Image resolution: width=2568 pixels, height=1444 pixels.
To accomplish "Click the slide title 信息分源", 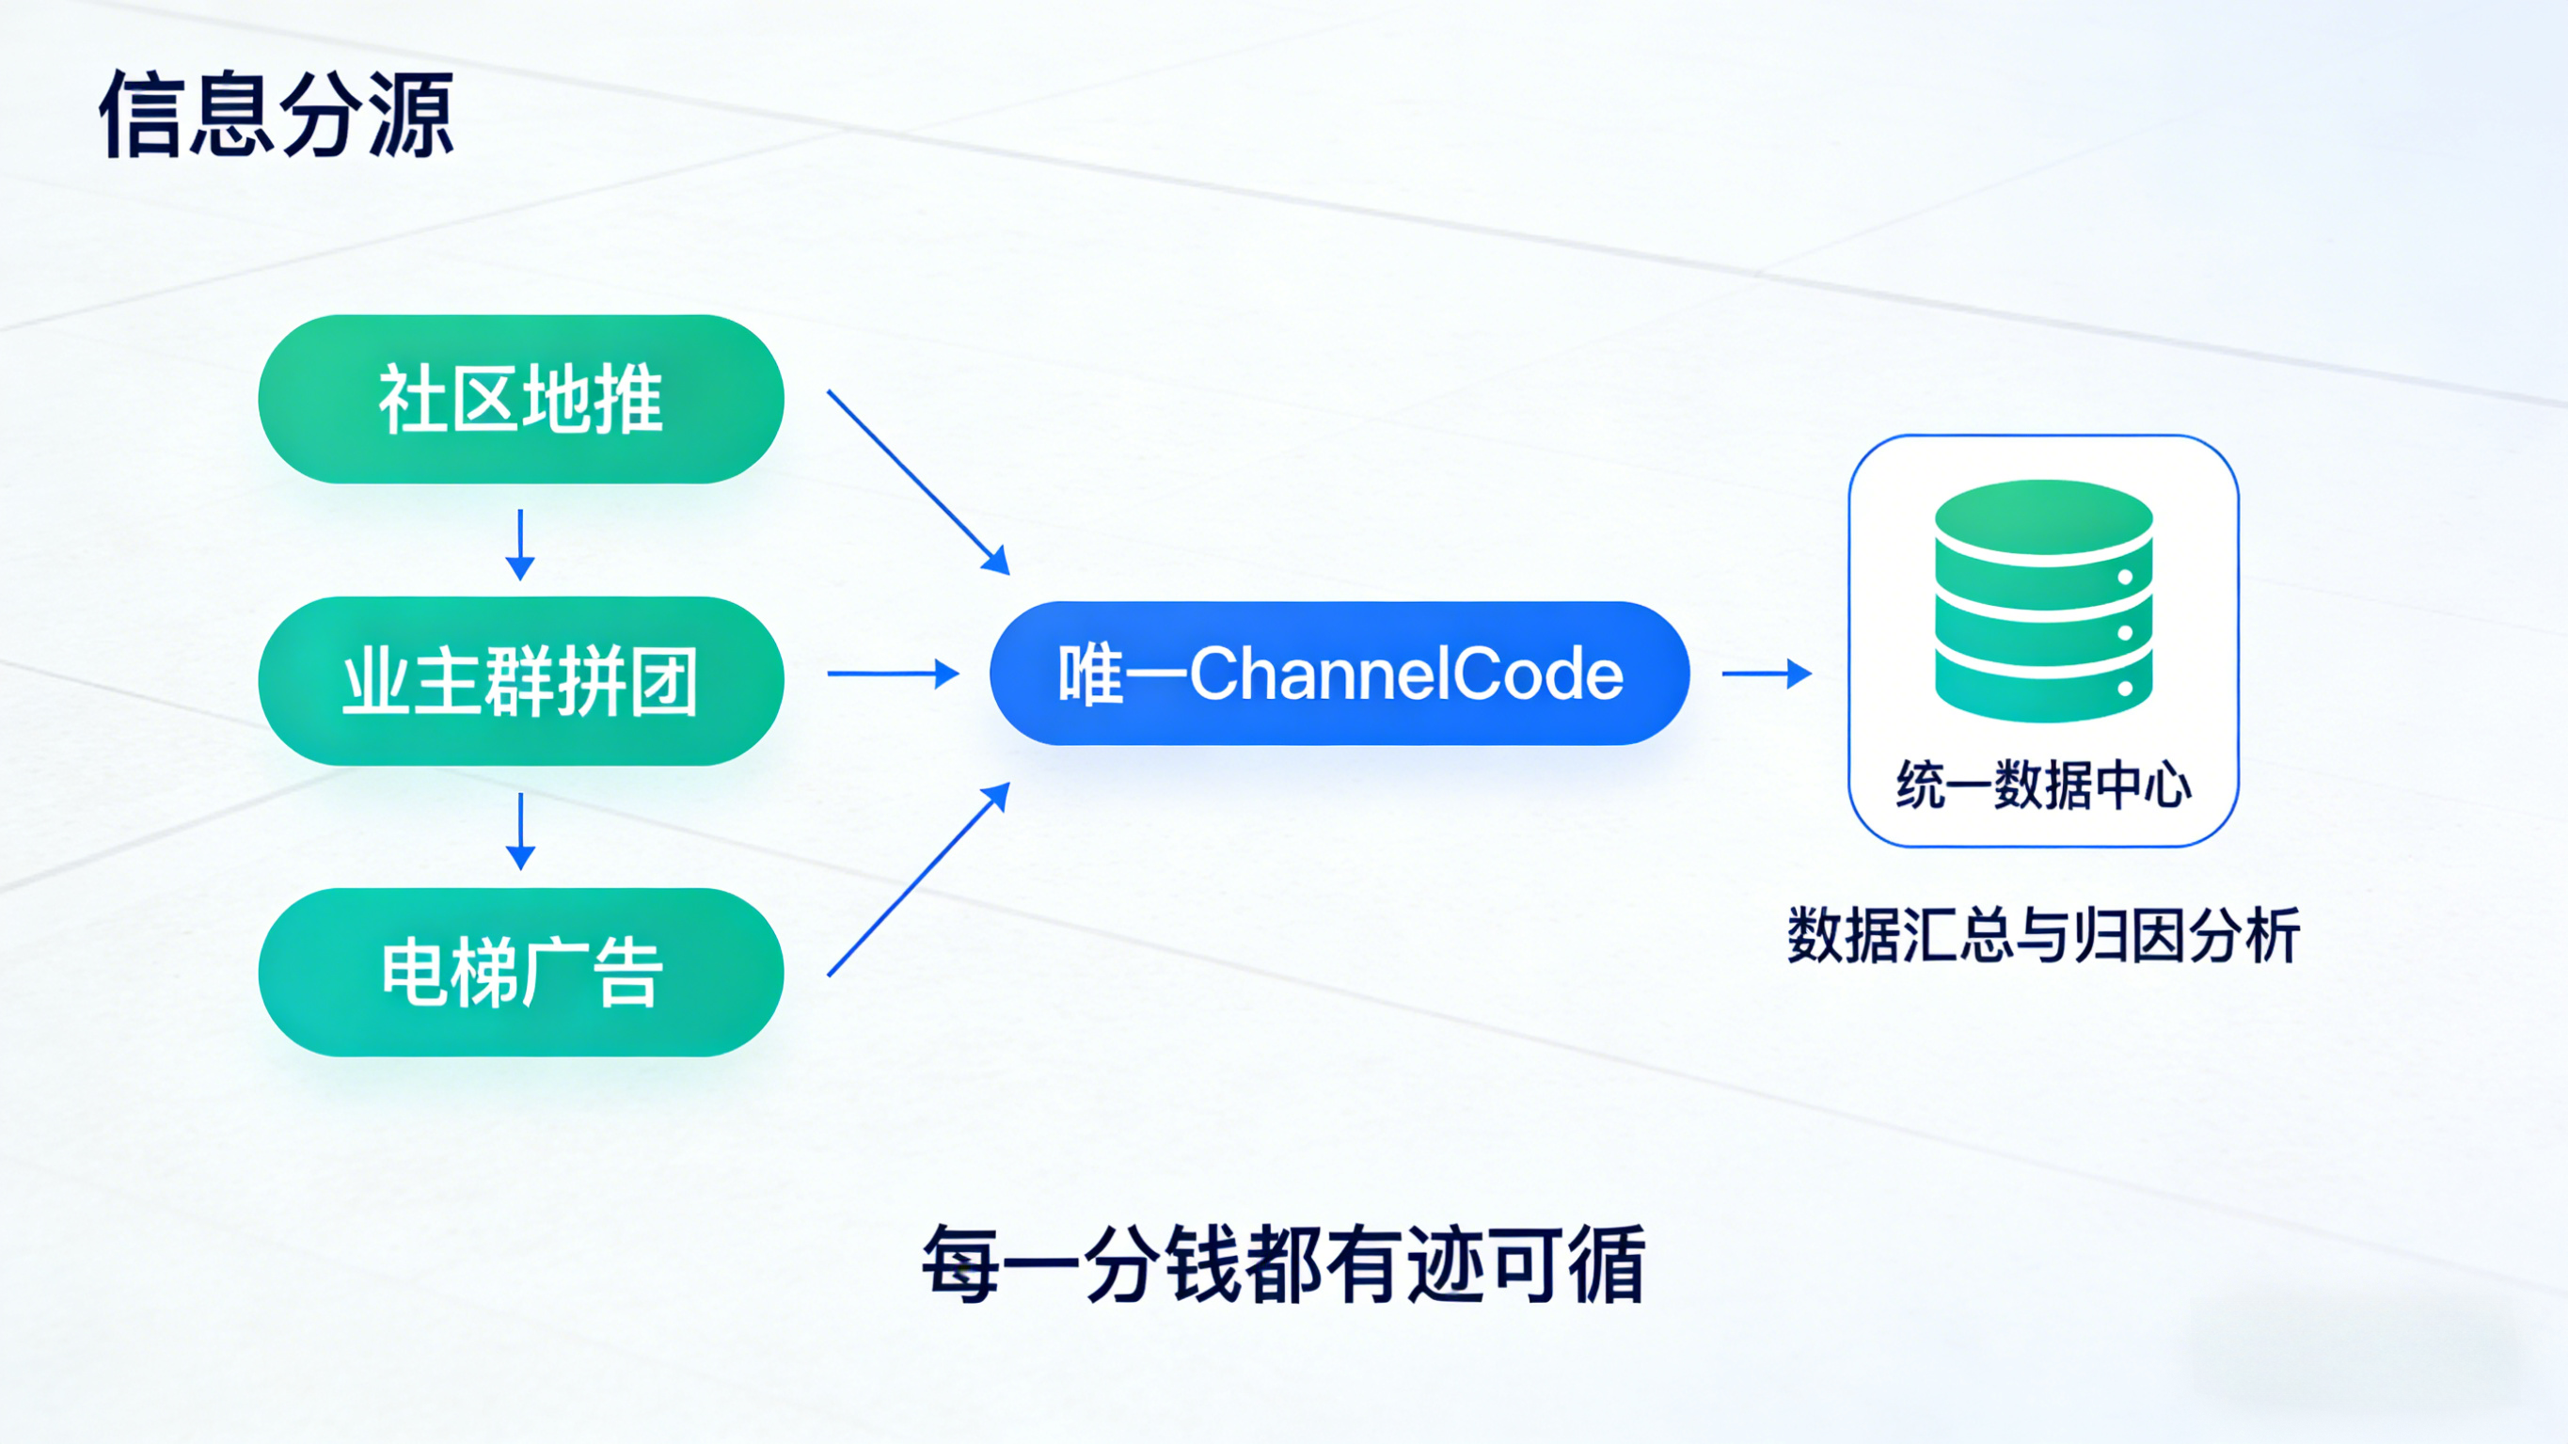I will click(277, 116).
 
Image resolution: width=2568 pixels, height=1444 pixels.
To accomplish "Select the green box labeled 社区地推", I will click(520, 399).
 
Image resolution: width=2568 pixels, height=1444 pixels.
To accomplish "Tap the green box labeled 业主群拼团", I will click(520, 681).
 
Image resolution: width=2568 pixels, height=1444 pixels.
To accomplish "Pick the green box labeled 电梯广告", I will click(520, 973).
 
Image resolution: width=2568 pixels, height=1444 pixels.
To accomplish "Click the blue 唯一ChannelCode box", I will click(1339, 674).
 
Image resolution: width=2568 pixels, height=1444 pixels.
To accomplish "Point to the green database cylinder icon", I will click(2044, 600).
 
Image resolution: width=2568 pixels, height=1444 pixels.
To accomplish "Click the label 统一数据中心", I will click(2044, 785).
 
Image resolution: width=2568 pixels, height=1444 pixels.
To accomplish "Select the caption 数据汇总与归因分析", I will click(2044, 935).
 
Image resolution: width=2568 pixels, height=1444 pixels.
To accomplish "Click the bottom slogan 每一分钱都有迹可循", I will click(1283, 1264).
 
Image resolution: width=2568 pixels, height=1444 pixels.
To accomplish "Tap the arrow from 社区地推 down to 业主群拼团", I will click(520, 545).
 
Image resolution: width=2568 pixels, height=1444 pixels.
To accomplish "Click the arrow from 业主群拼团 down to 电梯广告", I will click(520, 831).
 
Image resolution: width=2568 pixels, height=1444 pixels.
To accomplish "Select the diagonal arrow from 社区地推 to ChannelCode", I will click(918, 482).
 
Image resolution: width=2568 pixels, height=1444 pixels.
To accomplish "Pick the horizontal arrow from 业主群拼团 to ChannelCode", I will click(893, 674).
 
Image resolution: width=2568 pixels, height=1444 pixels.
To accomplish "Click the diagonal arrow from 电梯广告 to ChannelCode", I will click(918, 880).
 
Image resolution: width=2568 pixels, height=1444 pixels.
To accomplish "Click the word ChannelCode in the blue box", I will click(1405, 674).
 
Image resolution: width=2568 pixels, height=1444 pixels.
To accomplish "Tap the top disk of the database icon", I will click(2044, 516).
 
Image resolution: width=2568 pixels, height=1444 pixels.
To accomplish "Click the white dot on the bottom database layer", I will click(2125, 688).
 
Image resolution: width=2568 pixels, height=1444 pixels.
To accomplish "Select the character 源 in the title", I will click(411, 116).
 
